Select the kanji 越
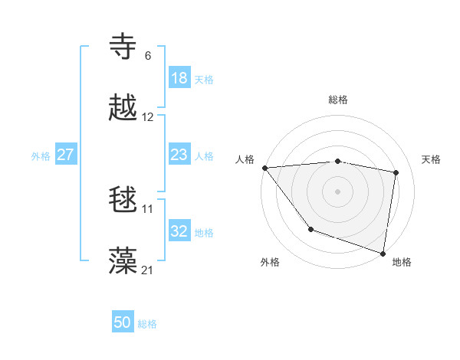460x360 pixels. (123, 108)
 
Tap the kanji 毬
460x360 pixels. (123, 200)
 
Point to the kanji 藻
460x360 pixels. (123, 260)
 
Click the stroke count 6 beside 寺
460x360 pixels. (147, 56)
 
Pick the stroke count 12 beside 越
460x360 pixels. (148, 117)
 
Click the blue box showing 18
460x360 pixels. (179, 78)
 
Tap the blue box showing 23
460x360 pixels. (179, 155)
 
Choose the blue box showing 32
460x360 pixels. (179, 231)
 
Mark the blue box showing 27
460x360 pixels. (65, 155)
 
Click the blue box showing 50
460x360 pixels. (123, 322)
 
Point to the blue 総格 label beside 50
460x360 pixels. (147, 324)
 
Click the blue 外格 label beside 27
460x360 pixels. (41, 156)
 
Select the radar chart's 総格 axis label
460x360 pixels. (338, 100)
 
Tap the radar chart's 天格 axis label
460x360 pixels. (432, 159)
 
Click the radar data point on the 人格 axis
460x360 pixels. (264, 168)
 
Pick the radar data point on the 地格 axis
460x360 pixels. (383, 253)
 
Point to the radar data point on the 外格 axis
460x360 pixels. (310, 229)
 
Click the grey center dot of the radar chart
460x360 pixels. (338, 191)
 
